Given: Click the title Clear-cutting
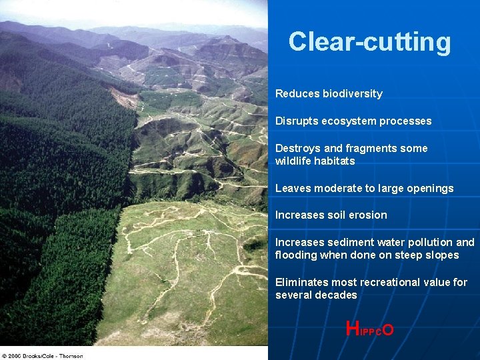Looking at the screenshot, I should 369,42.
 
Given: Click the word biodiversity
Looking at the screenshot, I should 353,94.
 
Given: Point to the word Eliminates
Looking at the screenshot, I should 301,282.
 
